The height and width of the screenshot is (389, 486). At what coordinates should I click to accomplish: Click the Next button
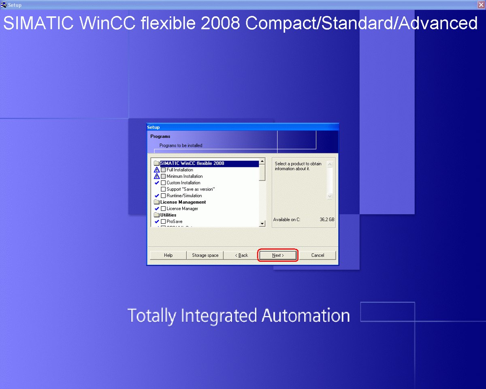tap(278, 255)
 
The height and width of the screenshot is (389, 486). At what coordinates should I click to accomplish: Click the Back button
tap(241, 255)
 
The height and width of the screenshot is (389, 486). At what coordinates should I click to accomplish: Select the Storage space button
tap(205, 255)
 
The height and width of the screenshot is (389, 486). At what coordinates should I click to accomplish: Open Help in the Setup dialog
tap(168, 255)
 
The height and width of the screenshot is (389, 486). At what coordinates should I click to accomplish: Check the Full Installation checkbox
tap(163, 170)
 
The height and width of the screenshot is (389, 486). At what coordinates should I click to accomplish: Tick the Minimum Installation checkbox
tap(163, 176)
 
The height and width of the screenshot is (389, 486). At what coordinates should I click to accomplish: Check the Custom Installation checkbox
tap(163, 183)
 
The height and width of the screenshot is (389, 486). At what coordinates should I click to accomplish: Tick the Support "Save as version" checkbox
tap(163, 189)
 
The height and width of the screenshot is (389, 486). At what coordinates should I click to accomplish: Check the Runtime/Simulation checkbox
tap(163, 196)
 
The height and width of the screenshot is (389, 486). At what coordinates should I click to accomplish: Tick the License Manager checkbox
tap(163, 208)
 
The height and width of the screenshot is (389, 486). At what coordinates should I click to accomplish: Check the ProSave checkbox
tap(163, 221)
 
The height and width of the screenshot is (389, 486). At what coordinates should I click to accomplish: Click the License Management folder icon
tap(156, 202)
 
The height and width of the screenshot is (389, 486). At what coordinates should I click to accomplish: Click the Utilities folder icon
tap(156, 215)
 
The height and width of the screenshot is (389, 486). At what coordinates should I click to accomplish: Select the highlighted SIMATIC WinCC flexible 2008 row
tap(209, 163)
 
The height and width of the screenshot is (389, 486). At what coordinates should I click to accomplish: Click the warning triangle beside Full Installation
tap(157, 169)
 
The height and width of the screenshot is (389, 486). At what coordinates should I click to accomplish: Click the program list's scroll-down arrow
tap(262, 224)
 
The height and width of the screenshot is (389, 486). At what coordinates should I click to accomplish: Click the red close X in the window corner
tap(481, 5)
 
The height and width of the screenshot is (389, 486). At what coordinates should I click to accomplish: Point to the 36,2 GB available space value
tap(327, 220)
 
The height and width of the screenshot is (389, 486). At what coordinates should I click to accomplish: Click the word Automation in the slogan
tap(306, 316)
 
